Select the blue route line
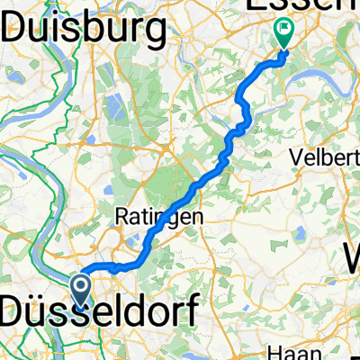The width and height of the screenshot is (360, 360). tap(193, 188)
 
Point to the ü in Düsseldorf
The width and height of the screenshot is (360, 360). tap(41, 315)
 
